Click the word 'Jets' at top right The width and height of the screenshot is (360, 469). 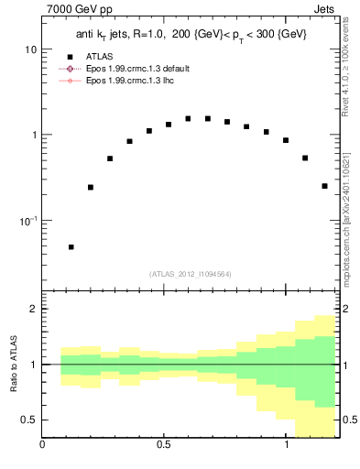(327, 11)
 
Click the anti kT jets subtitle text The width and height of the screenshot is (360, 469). (191, 34)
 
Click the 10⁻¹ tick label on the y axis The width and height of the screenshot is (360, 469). (28, 221)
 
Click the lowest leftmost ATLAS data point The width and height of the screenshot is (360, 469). (71, 246)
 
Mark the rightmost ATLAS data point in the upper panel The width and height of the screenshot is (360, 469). (324, 186)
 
